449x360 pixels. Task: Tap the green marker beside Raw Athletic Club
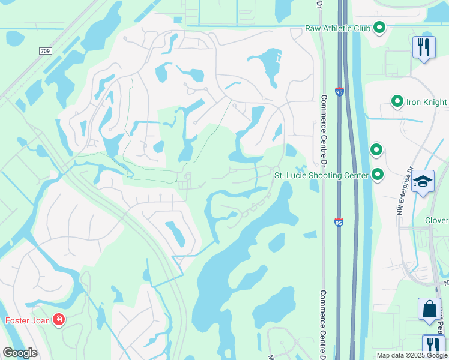379,28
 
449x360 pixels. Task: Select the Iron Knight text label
427,102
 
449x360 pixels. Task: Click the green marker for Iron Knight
397,102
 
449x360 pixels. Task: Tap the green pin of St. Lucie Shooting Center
378,175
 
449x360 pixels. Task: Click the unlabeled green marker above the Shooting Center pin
376,149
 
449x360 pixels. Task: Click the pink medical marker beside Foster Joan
59,320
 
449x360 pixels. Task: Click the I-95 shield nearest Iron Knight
339,94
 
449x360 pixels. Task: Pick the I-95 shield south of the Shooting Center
339,222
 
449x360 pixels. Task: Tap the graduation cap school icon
423,182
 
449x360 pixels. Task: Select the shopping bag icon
430,310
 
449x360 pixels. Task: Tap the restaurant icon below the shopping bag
433,346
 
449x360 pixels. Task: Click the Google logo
19,353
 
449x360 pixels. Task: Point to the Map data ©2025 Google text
411,355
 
